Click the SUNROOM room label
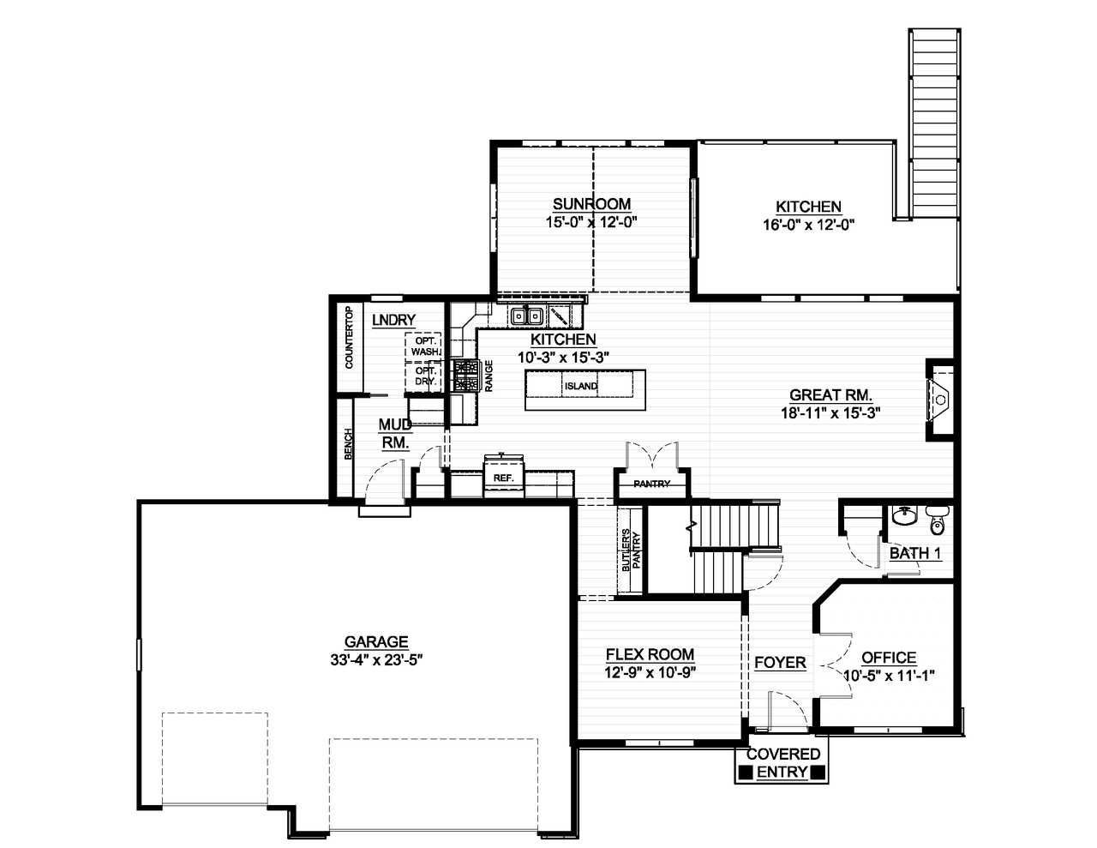point(591,204)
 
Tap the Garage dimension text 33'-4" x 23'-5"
point(376,659)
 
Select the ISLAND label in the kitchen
point(580,386)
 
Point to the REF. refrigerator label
point(503,478)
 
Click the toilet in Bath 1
point(937,520)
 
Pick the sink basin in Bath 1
point(905,516)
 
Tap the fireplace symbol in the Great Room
point(938,400)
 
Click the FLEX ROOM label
point(650,654)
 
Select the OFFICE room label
point(889,658)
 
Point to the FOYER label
point(780,662)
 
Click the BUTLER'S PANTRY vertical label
point(631,550)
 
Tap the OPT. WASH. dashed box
point(423,346)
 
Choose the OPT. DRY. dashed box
point(423,376)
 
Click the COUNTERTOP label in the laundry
point(349,337)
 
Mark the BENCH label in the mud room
point(348,444)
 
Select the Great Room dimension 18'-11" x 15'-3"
point(830,412)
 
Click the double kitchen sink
point(526,316)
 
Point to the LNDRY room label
point(393,320)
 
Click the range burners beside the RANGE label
point(465,376)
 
